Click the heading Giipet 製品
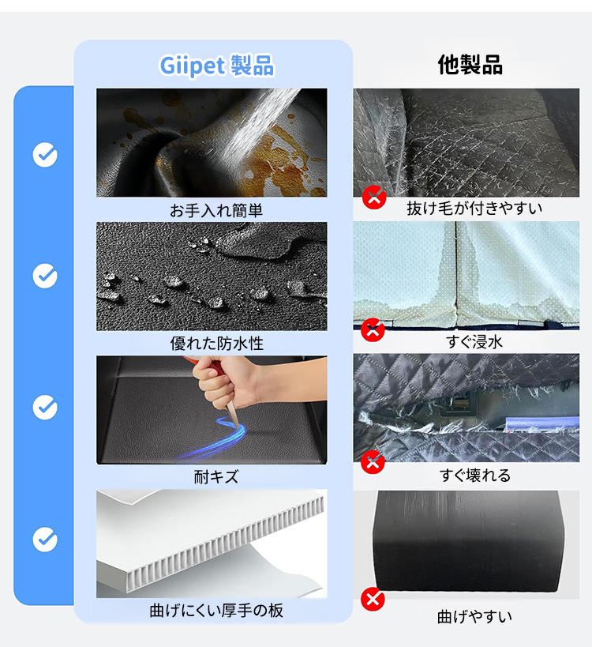tap(217, 66)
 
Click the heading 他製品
tap(470, 65)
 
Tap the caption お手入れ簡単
tap(216, 210)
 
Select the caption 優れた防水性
tap(216, 344)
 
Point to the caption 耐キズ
tap(216, 477)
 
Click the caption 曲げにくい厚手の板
tap(216, 611)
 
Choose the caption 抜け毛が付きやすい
tap(474, 209)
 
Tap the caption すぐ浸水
tap(474, 342)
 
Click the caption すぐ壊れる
tap(475, 476)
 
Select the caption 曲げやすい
tap(474, 617)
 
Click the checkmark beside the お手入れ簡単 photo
tap(45, 155)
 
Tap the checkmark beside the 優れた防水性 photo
tap(45, 276)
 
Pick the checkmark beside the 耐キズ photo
tap(45, 408)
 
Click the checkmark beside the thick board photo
tap(45, 540)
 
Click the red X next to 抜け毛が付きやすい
tap(374, 197)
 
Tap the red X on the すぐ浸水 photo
tap(373, 329)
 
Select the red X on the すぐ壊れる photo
tap(373, 461)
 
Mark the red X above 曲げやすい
tap(373, 599)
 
